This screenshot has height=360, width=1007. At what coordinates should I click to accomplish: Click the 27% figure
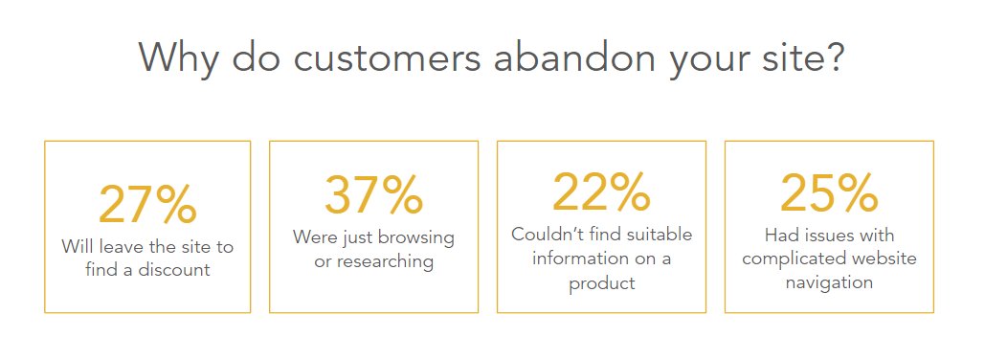click(147, 203)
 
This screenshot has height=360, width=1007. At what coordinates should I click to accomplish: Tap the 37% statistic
click(373, 195)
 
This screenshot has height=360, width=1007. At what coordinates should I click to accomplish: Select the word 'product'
click(601, 283)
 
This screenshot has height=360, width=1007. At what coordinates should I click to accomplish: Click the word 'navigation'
click(829, 282)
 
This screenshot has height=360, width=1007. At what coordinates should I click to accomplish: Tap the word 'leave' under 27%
click(120, 246)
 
